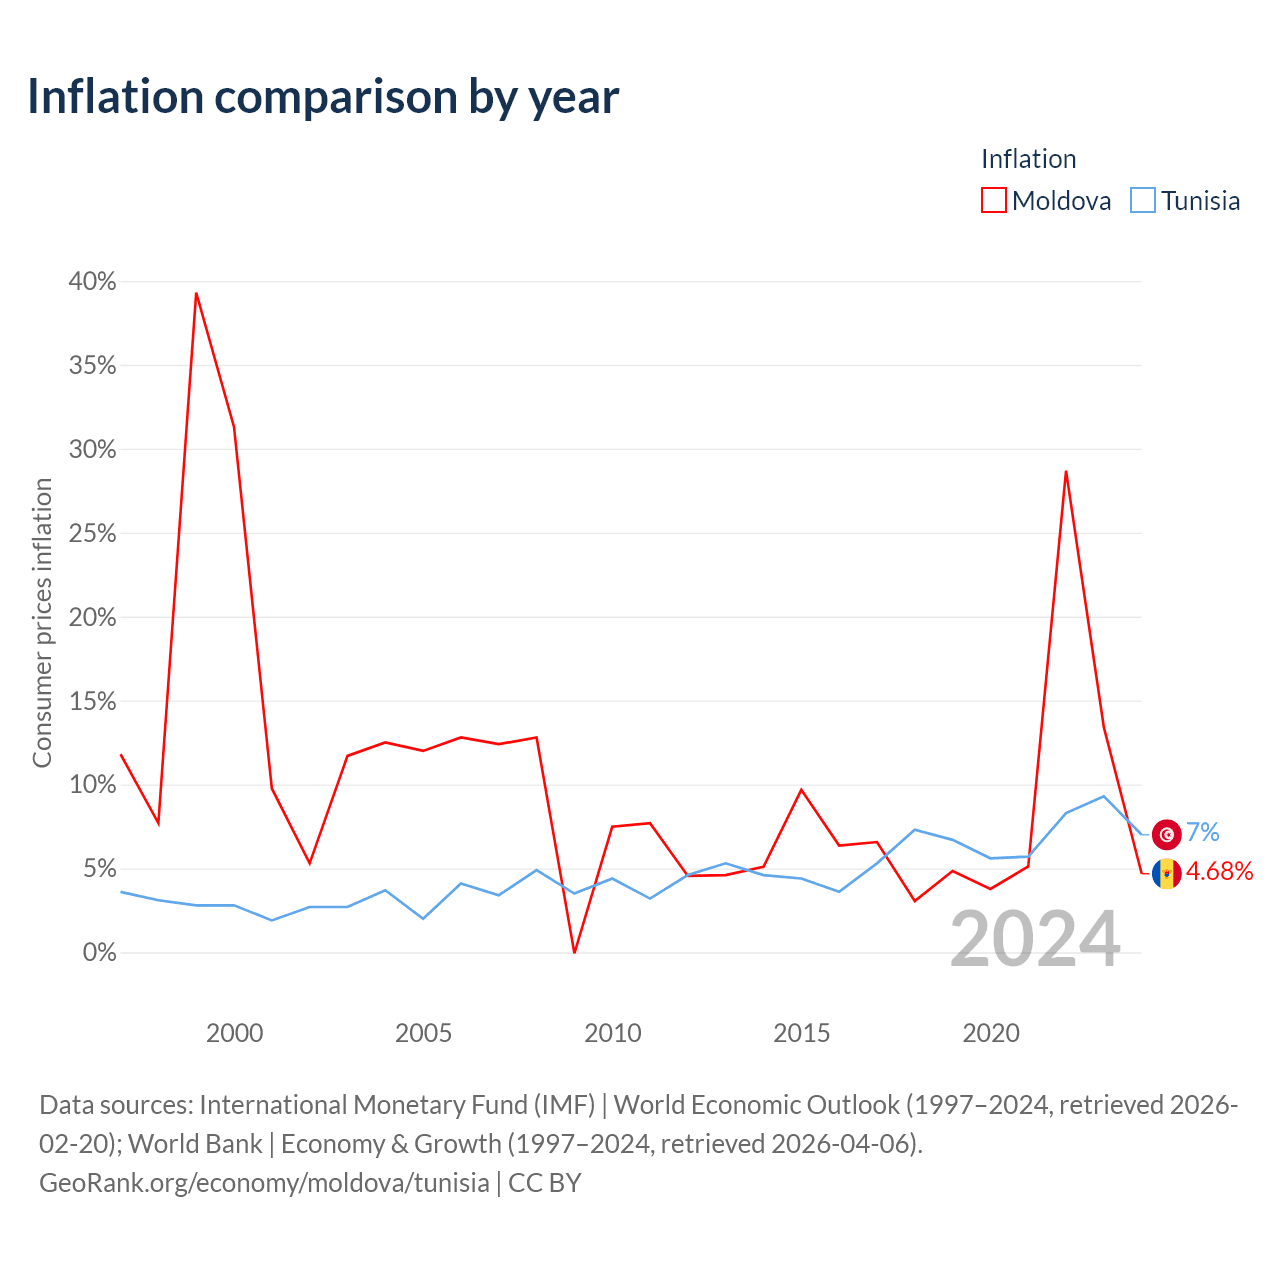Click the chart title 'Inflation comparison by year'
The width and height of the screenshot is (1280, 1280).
click(323, 98)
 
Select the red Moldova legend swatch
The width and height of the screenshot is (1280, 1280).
click(993, 201)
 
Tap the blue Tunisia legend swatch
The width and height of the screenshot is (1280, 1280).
click(1143, 201)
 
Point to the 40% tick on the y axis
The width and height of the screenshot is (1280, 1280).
click(92, 282)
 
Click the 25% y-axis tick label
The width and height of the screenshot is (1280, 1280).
click(92, 533)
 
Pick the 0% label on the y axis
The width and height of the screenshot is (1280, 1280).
click(100, 953)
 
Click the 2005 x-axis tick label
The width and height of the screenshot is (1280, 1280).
click(423, 1033)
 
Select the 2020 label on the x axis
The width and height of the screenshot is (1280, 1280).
click(990, 1033)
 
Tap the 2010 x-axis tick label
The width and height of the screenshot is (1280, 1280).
click(612, 1033)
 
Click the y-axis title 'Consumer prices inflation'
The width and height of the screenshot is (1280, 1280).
click(42, 623)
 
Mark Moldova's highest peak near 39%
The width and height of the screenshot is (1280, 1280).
click(196, 293)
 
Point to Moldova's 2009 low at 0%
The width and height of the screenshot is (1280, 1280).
click(574, 953)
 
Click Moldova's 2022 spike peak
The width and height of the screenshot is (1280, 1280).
click(1066, 472)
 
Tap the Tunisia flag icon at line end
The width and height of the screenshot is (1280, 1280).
click(1166, 834)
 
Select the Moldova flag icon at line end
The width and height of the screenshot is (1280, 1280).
click(1166, 873)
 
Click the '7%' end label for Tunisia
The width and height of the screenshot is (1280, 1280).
click(1203, 832)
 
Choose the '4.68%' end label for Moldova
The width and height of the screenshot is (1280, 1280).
click(1220, 871)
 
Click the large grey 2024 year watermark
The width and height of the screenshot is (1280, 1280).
click(1036, 940)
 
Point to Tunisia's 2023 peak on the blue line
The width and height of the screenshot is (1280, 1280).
click(1104, 796)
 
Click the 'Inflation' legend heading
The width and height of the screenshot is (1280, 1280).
click(1028, 159)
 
